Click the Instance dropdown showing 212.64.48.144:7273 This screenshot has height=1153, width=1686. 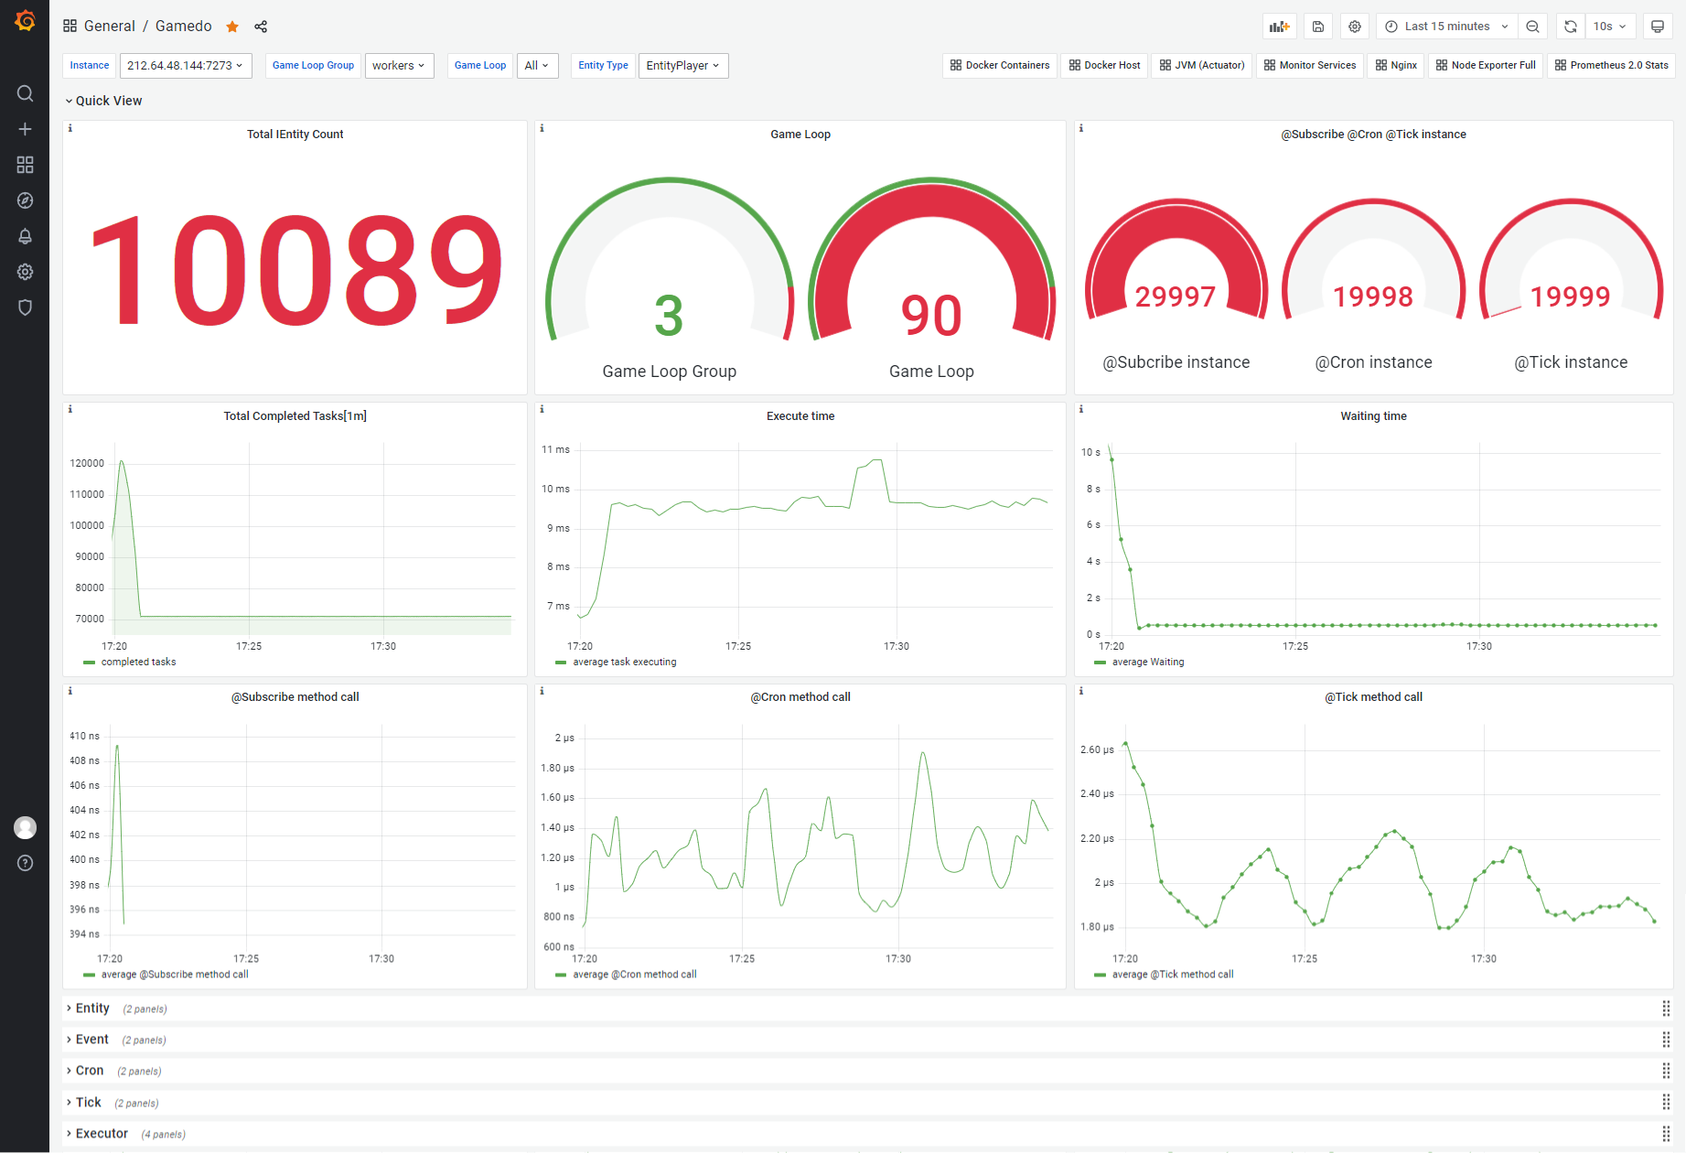tap(186, 66)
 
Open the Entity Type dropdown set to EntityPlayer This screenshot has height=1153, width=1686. tap(683, 66)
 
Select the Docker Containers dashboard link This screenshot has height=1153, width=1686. tap(1000, 66)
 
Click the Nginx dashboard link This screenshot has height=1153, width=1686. tap(1396, 66)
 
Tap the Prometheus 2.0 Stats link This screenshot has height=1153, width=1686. tap(1611, 66)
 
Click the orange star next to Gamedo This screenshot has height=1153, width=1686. tap(232, 27)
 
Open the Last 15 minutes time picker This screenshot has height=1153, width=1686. tap(1446, 27)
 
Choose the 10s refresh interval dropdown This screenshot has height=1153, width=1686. tap(1609, 27)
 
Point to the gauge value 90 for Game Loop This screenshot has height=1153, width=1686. tap(931, 316)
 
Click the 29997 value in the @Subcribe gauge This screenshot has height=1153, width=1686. tap(1176, 296)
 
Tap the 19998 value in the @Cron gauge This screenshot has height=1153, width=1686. tap(1373, 296)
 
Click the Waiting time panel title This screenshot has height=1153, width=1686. tap(1373, 416)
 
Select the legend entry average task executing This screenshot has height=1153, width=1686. tap(625, 663)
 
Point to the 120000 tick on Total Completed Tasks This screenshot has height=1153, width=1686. tap(87, 464)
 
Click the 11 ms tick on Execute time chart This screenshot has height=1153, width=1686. tap(555, 450)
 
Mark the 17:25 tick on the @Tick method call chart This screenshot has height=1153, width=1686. tap(1305, 959)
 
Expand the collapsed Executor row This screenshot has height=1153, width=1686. tap(102, 1134)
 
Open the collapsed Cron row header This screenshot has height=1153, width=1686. tap(90, 1071)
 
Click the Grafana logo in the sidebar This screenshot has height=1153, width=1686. tap(25, 20)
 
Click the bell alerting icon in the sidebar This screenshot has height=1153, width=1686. tap(25, 236)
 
